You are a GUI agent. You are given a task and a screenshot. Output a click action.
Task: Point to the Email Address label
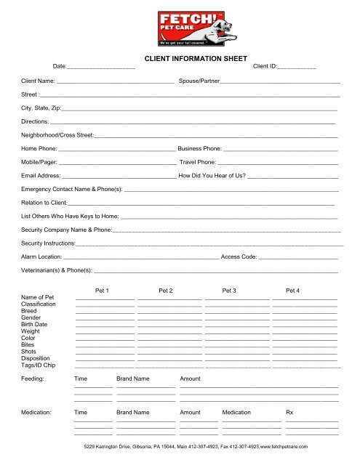[x=41, y=176]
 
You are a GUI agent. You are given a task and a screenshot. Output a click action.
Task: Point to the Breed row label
[x=31, y=311]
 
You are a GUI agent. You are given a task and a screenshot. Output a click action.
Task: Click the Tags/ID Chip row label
[x=39, y=365]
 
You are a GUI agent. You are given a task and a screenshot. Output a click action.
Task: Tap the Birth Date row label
[x=35, y=325]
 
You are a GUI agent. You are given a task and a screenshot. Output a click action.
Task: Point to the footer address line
[x=196, y=446]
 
